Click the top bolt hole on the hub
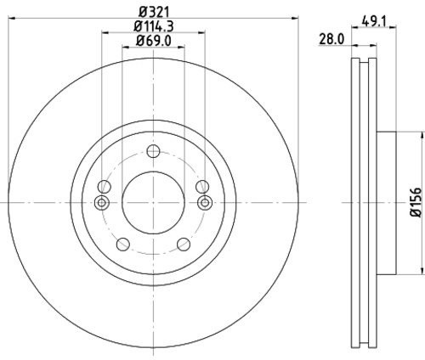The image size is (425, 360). [x=153, y=152]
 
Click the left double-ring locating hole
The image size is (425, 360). [x=103, y=202]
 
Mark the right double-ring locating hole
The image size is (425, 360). [x=204, y=202]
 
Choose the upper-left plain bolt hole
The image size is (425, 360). [x=105, y=188]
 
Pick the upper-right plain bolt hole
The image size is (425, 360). [x=201, y=188]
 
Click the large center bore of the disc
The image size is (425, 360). [x=153, y=202]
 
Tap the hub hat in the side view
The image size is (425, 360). [x=384, y=202]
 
